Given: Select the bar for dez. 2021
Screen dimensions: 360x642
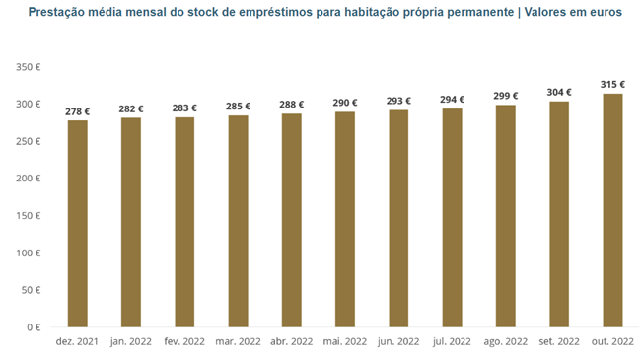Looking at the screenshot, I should (x=77, y=224).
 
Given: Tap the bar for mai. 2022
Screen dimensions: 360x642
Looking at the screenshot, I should (x=344, y=219).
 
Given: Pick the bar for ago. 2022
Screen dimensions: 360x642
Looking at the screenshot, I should (x=505, y=216).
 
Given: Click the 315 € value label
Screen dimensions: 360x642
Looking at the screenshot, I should (x=611, y=84).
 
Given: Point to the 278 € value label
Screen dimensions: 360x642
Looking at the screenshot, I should (x=77, y=111).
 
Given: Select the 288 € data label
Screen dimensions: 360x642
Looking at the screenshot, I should (x=291, y=104).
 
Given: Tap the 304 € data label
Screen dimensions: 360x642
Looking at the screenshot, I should (x=558, y=92).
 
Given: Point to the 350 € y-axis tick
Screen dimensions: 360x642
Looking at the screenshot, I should (x=27, y=67).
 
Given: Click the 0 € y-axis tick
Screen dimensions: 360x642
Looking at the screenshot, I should (x=33, y=327).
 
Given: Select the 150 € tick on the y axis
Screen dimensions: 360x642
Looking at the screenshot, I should (x=27, y=216).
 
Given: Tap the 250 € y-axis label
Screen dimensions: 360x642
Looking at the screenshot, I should (x=27, y=141).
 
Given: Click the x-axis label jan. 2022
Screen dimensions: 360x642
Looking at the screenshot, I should (x=130, y=341).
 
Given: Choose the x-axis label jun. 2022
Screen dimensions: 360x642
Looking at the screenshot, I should (x=397, y=341).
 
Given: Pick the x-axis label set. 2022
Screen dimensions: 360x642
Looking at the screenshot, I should (x=558, y=341).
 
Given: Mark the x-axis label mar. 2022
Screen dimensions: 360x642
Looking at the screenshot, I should (x=238, y=341).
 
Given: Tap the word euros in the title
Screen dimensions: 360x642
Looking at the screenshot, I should (x=604, y=13).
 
